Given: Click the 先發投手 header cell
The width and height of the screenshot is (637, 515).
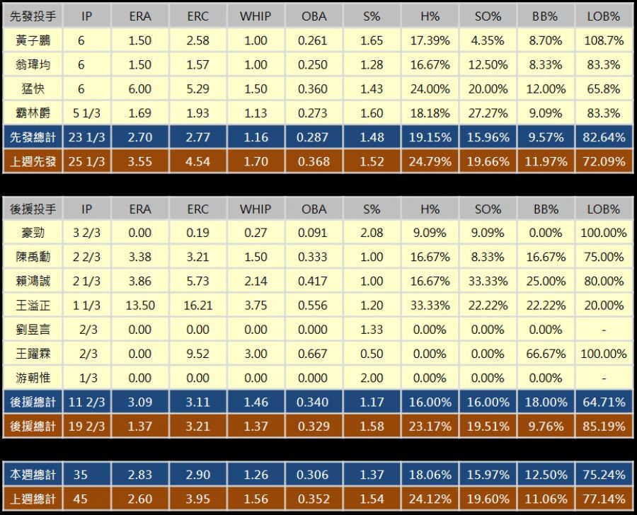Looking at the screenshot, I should click(33, 16).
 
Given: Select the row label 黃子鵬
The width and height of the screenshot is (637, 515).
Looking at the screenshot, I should click(33, 41).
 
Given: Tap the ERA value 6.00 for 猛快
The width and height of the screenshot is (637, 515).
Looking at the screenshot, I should click(140, 89).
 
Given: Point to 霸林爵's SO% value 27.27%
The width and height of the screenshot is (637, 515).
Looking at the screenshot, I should click(487, 113).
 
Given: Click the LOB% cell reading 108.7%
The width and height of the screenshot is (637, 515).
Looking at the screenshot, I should click(603, 41).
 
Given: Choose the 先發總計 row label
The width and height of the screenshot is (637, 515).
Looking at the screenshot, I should click(33, 137).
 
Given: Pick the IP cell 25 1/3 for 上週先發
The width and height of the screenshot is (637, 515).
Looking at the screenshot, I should click(86, 161).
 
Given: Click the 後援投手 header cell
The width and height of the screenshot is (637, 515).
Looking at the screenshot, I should click(33, 209).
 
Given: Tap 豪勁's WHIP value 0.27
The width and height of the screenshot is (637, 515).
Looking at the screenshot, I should click(256, 233).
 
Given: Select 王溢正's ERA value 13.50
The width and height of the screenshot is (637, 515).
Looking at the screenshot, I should click(140, 306).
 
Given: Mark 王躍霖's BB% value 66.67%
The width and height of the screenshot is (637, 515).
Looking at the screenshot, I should click(545, 354).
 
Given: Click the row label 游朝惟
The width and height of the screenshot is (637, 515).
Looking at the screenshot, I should click(33, 378).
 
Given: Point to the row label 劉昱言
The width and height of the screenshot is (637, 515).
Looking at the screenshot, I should click(33, 330).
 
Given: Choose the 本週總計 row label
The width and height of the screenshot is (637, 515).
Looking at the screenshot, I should click(33, 475).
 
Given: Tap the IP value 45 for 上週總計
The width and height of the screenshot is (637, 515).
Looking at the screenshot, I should click(81, 499).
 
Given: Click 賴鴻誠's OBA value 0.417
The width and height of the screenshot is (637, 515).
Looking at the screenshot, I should click(313, 282).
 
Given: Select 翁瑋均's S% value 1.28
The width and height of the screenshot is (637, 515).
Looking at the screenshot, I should click(372, 65).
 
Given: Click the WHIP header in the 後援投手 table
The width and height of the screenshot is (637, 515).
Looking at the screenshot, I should click(256, 209).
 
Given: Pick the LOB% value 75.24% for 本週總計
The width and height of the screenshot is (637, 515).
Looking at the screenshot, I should click(603, 475).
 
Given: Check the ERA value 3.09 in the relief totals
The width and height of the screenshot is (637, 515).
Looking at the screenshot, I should click(140, 403).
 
